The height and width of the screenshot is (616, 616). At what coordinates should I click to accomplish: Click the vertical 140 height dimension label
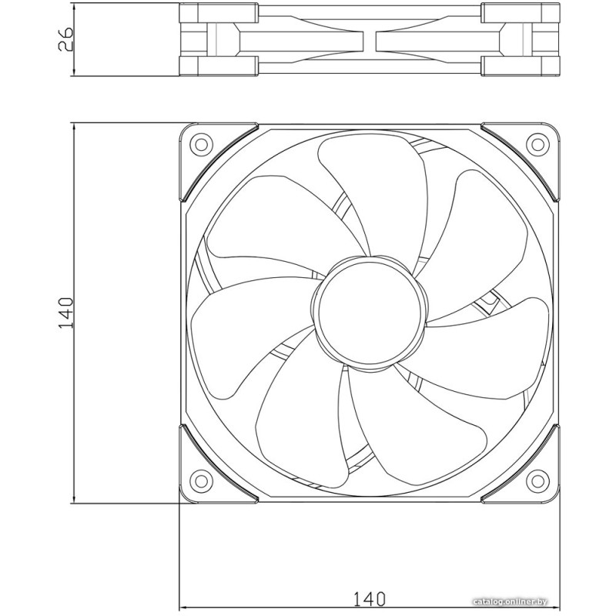click(x=65, y=313)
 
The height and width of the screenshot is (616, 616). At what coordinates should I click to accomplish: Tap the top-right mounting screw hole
click(x=537, y=144)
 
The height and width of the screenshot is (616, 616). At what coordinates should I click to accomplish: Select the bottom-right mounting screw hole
click(x=537, y=480)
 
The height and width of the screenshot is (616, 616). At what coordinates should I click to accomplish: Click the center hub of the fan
click(x=370, y=312)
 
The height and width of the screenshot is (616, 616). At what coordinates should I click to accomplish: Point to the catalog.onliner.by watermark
click(x=510, y=601)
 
